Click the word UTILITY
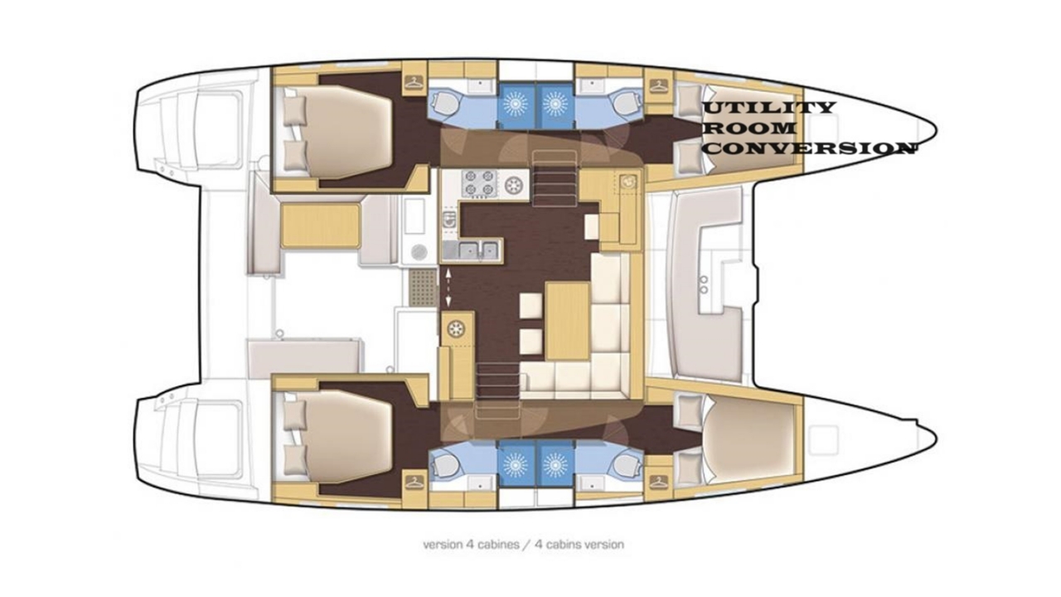pyautogui.click(x=768, y=108)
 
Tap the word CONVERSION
pyautogui.click(x=810, y=148)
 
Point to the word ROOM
pyautogui.click(x=750, y=128)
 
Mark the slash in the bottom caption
pyautogui.click(x=527, y=545)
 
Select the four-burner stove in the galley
pyautogui.click(x=478, y=183)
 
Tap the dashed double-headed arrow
pyautogui.click(x=448, y=288)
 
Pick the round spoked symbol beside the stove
pyautogui.click(x=515, y=183)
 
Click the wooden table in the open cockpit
pyautogui.click(x=320, y=226)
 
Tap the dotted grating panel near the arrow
pyautogui.click(x=423, y=288)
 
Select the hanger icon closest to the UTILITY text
pyautogui.click(x=657, y=85)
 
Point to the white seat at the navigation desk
pyautogui.click(x=592, y=227)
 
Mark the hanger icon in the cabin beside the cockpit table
pyautogui.click(x=415, y=85)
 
